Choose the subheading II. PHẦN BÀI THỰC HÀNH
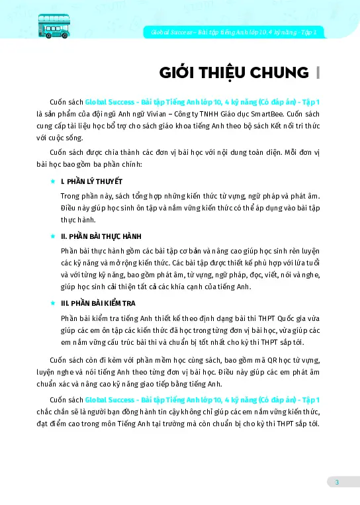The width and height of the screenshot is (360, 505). pyautogui.click(x=101, y=236)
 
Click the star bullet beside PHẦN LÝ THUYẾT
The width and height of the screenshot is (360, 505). pyautogui.click(x=53, y=181)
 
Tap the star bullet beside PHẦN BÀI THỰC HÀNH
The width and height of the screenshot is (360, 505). pyautogui.click(x=53, y=236)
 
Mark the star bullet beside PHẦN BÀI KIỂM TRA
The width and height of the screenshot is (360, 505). pyautogui.click(x=53, y=302)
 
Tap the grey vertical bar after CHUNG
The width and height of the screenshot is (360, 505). pyautogui.click(x=318, y=72)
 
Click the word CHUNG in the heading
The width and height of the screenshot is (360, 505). pyautogui.click(x=281, y=72)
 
